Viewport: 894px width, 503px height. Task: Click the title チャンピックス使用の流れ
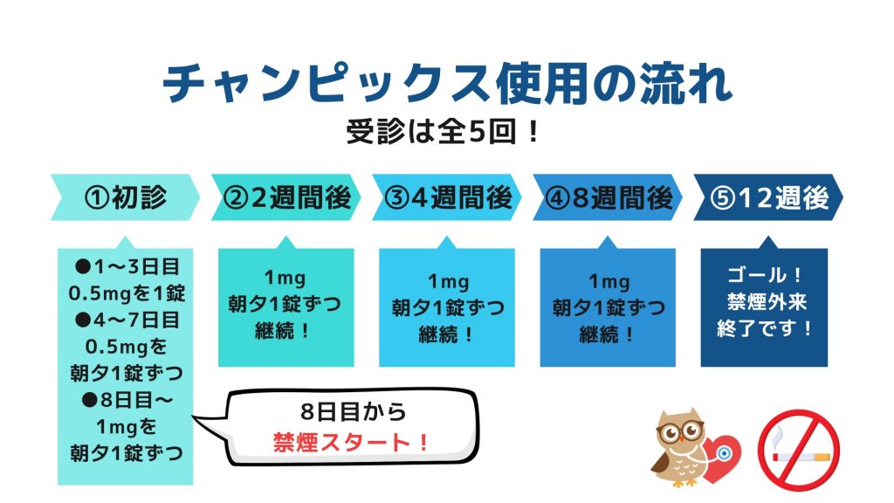pyautogui.click(x=446, y=83)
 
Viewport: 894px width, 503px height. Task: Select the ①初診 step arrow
pyautogui.click(x=124, y=198)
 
